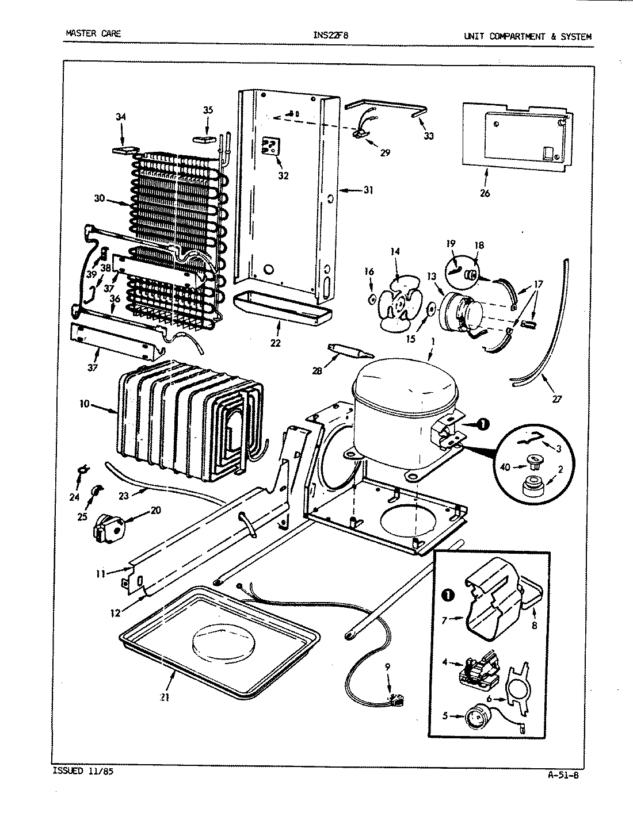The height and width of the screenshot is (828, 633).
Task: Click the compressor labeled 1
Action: click(403, 414)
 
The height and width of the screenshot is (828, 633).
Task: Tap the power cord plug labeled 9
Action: click(394, 700)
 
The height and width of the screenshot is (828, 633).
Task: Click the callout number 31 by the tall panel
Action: click(368, 190)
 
